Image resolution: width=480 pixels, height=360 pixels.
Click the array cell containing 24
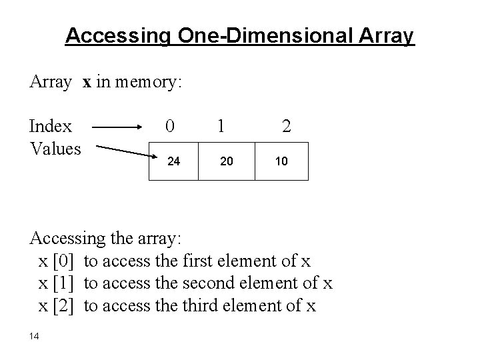172,161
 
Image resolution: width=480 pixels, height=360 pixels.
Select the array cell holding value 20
227,161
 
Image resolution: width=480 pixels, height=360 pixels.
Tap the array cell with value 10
282,161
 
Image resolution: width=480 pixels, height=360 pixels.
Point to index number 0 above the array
171,125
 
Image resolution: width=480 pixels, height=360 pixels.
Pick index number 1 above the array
221,125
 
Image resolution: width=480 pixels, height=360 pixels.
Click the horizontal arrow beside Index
117,125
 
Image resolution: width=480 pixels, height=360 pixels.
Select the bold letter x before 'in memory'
87,82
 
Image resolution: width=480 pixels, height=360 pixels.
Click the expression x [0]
59,261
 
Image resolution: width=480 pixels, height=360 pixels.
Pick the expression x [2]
59,306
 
